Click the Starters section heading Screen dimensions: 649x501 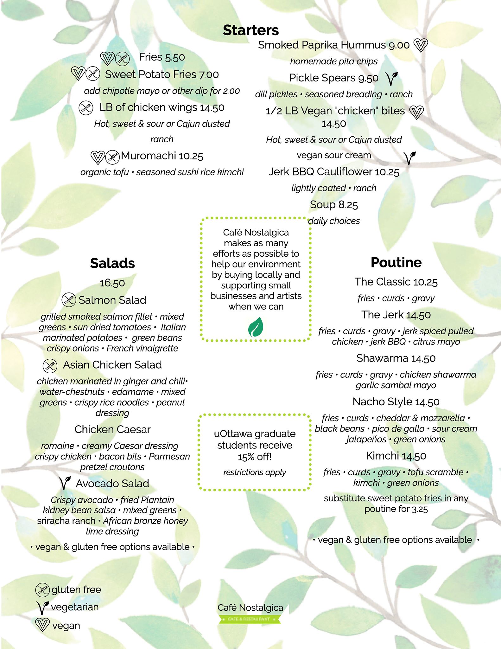click(x=250, y=30)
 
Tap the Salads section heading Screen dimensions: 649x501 click(x=112, y=263)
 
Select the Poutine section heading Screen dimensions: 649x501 click(x=396, y=262)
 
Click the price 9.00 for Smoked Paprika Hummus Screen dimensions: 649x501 click(x=399, y=45)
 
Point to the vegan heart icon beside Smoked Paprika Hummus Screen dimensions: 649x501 click(x=421, y=45)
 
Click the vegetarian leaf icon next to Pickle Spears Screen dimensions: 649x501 click(x=391, y=78)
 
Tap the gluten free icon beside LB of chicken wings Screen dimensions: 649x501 click(x=86, y=108)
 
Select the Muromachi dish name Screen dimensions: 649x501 click(x=149, y=156)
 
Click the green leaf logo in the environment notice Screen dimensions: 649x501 click(x=256, y=327)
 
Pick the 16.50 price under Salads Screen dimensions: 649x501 click(x=112, y=283)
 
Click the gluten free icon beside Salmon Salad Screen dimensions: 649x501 click(x=69, y=300)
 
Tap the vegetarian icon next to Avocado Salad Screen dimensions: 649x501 click(x=65, y=483)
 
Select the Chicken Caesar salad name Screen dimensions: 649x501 click(x=112, y=429)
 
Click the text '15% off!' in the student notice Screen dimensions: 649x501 click(x=255, y=457)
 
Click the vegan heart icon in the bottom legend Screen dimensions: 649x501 click(x=42, y=625)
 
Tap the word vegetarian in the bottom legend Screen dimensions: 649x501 click(x=75, y=607)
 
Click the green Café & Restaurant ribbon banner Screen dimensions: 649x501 click(x=250, y=619)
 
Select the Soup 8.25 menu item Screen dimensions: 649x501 click(x=334, y=205)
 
